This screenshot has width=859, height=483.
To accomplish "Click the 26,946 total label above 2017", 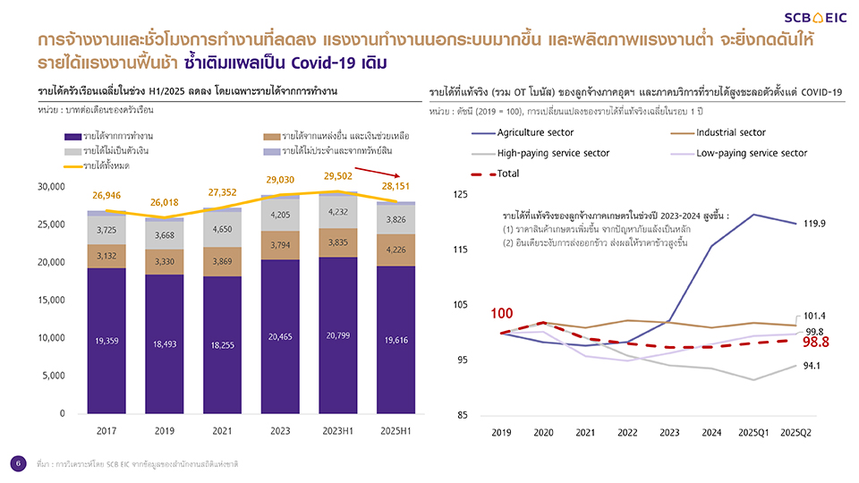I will coord(106,195).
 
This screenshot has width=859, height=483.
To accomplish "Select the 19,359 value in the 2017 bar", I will coord(106,341).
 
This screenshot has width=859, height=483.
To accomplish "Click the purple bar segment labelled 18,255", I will coord(222,344).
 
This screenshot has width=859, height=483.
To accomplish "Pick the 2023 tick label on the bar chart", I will coord(279,431).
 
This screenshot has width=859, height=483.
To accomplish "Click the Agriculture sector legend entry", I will coord(536,133).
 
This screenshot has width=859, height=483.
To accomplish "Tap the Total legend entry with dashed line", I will coord(507,174).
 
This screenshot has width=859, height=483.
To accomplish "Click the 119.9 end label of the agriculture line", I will coord(814,224).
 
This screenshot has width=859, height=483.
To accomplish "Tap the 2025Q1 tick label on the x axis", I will coord(753,433).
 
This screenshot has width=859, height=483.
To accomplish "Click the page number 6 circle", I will coord(17,462).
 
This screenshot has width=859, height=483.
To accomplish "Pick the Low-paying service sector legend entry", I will coord(751,153).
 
